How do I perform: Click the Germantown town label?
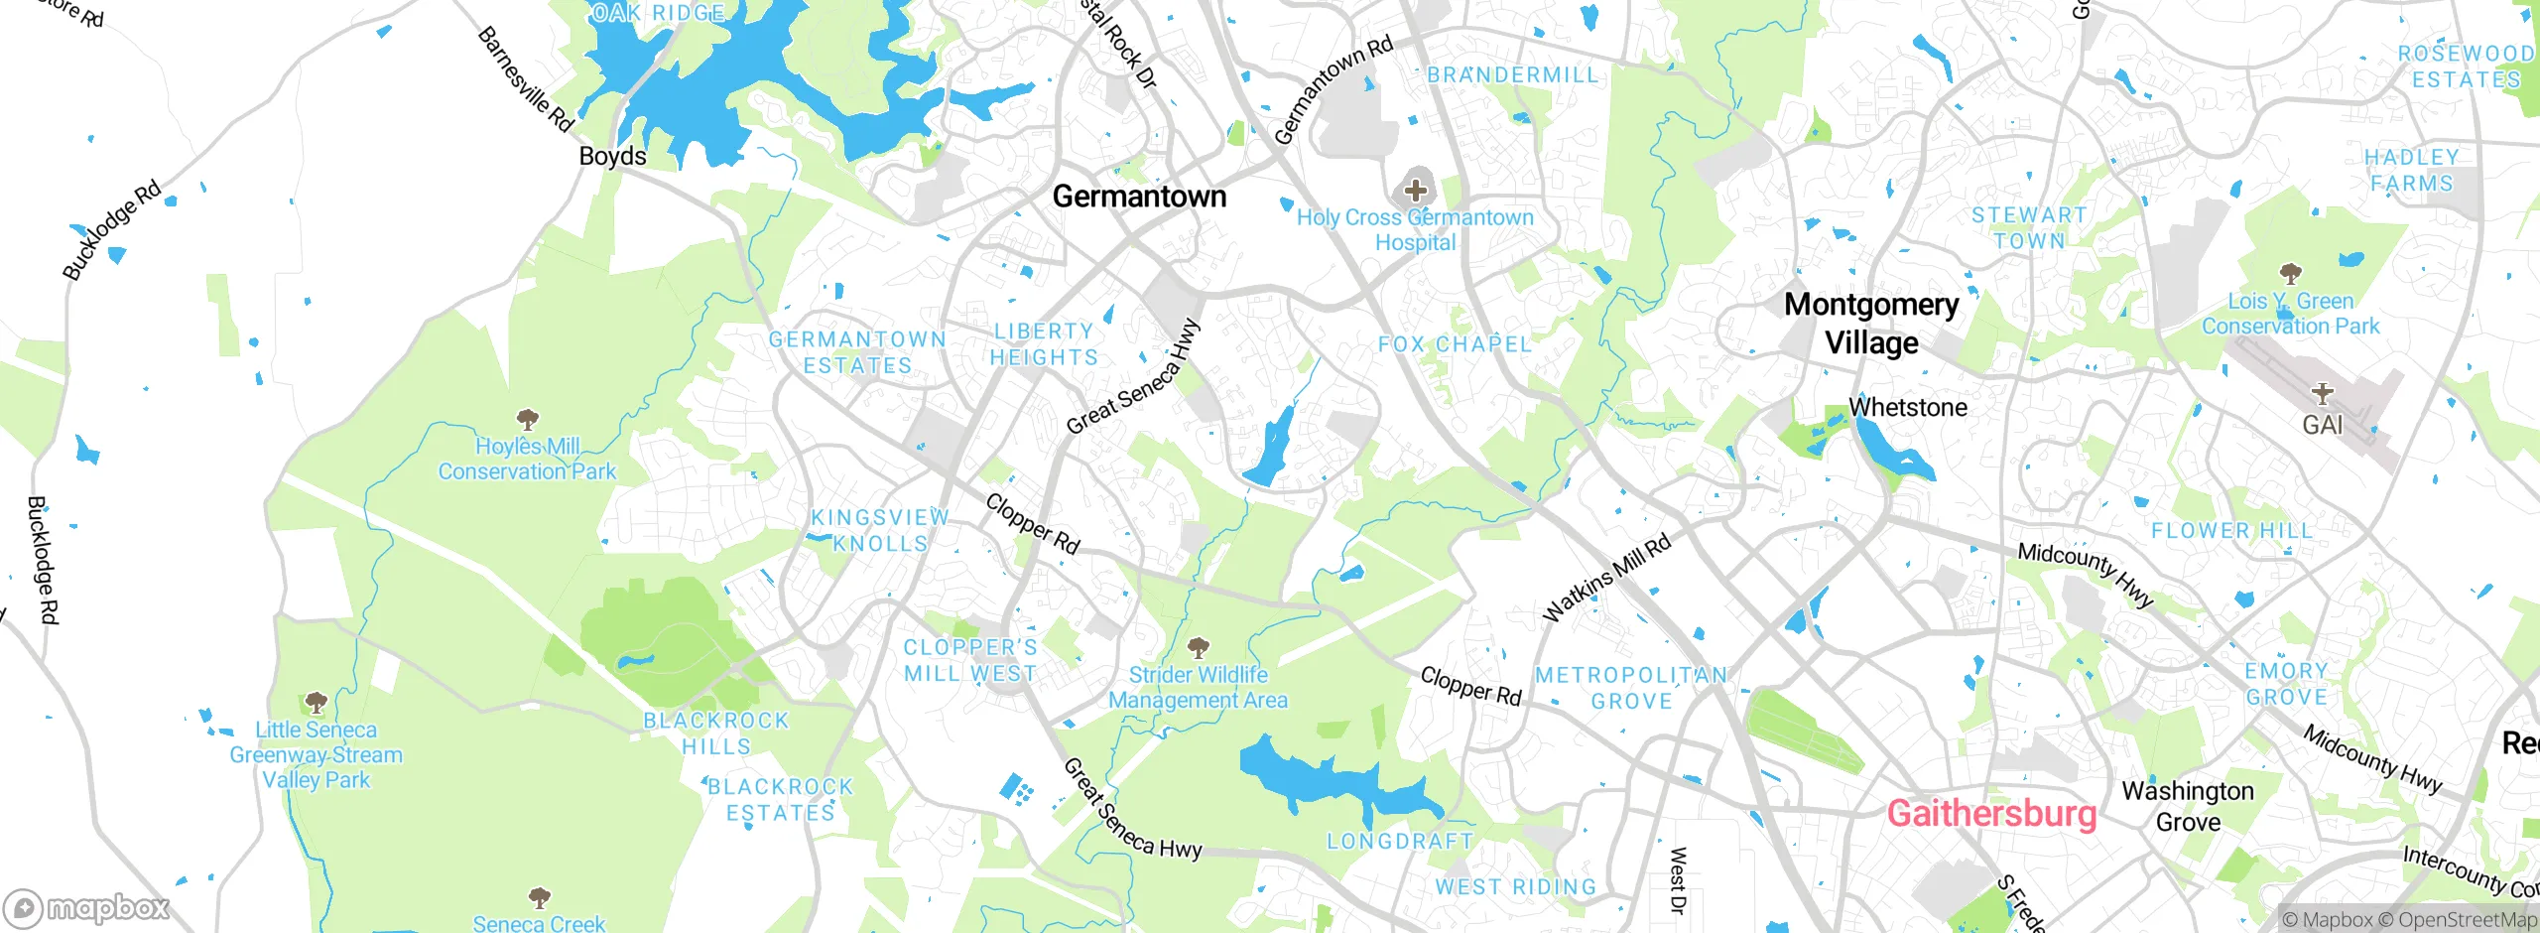[x=1139, y=197]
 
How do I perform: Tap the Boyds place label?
[x=612, y=157]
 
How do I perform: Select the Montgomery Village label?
[x=1871, y=324]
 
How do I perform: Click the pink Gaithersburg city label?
[x=1991, y=813]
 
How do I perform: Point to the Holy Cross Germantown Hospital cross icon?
[x=1415, y=190]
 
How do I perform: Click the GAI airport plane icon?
[x=2322, y=393]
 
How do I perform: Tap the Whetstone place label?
[x=1907, y=407]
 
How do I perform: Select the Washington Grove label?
[x=2188, y=806]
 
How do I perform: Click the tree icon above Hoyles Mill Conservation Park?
[x=527, y=419]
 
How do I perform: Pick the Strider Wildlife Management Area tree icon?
[x=1198, y=648]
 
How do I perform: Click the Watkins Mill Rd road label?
[x=1607, y=578]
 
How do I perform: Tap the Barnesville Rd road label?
[x=525, y=79]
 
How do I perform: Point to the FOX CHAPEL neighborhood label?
[x=1455, y=344]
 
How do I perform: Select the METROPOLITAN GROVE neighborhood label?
[x=1631, y=688]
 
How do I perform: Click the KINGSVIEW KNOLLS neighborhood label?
[x=880, y=530]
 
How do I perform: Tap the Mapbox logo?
[x=87, y=908]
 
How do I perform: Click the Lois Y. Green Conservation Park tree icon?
[x=2290, y=273]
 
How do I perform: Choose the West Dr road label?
[x=1677, y=879]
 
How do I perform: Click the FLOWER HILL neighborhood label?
[x=2231, y=531]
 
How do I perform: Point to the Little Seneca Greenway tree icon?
[x=316, y=703]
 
